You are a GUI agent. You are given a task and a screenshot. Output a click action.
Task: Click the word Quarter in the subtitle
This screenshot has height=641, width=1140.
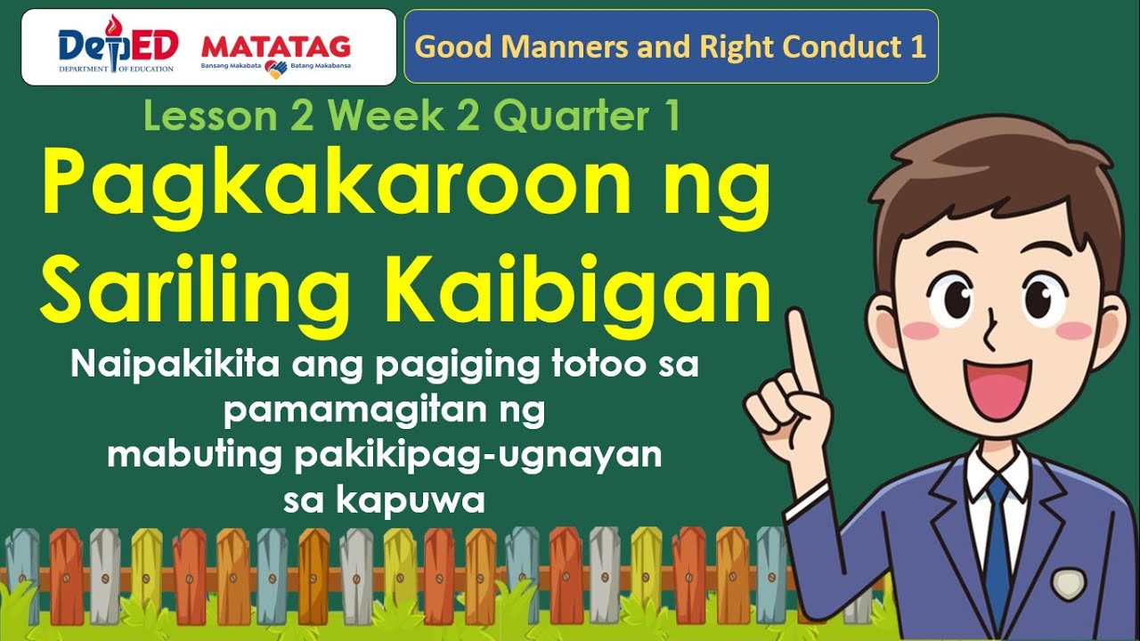pos(568,116)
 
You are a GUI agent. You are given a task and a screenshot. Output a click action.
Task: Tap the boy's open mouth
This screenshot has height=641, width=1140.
pos(996,392)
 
